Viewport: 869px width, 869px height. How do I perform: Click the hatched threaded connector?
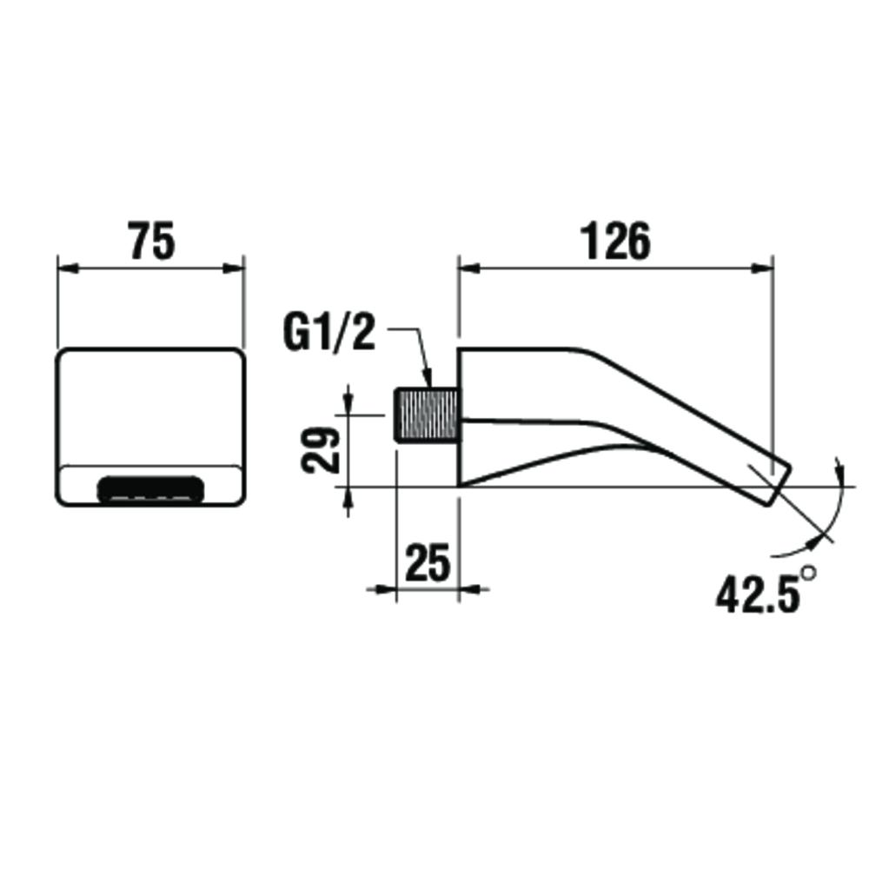425,415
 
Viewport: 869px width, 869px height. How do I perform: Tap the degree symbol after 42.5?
809,575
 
